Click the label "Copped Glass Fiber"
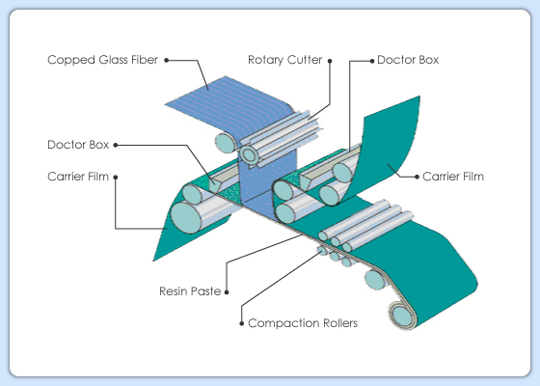point(102,60)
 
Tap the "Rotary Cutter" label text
point(285,60)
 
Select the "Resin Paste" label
point(190,291)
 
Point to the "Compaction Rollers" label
point(303,323)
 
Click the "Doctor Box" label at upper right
point(408,60)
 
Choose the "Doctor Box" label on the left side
point(78,145)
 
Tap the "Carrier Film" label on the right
point(453,177)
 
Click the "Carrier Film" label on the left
point(78,177)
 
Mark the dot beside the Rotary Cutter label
point(330,61)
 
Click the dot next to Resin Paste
point(227,292)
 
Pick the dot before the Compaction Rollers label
point(241,323)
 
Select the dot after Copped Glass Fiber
point(166,60)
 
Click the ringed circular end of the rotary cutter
point(249,155)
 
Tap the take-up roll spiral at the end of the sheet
point(402,316)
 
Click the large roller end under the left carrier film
point(186,218)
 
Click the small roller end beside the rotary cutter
point(226,143)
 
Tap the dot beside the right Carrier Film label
point(417,177)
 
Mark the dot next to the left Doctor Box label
point(116,145)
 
